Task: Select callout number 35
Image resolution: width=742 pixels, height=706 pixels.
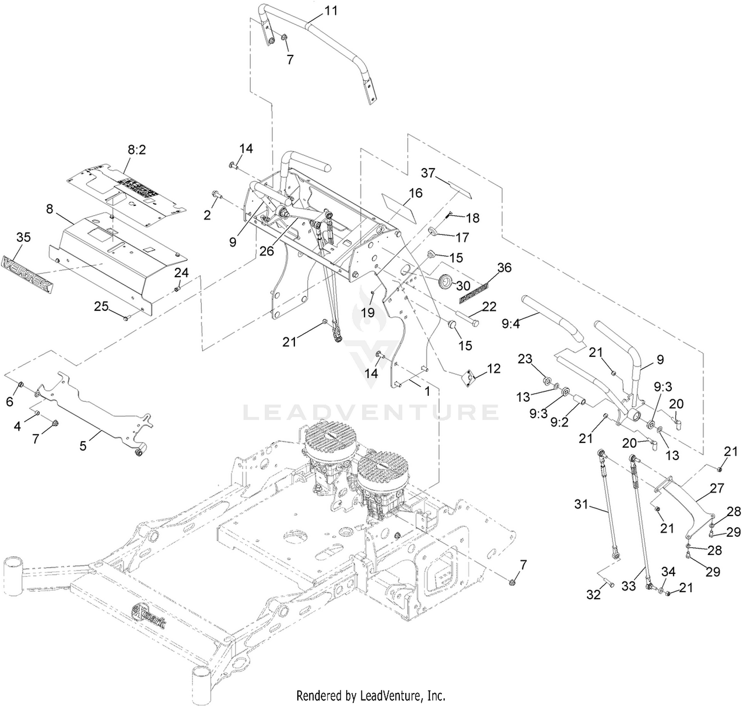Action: (x=23, y=237)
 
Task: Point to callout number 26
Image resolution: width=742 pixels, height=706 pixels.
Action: (x=266, y=251)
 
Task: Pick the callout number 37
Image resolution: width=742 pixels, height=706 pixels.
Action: (x=428, y=173)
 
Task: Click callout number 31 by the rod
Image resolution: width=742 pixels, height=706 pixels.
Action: (x=582, y=505)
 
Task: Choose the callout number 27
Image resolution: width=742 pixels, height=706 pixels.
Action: (x=717, y=489)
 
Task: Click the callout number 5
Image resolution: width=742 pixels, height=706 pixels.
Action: (x=83, y=445)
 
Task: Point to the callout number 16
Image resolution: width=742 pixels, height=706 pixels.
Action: (x=416, y=192)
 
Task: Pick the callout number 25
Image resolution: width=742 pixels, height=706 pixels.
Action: (x=101, y=307)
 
